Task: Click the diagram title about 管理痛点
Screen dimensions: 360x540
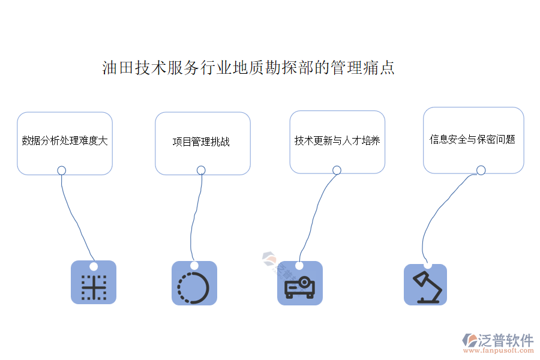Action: coord(248,67)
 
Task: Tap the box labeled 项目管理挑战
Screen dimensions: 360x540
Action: coord(202,143)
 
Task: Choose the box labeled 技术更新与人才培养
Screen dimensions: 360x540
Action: coord(337,142)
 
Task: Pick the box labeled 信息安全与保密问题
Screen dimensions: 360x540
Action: coord(473,140)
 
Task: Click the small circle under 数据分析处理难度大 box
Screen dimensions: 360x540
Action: coord(61,170)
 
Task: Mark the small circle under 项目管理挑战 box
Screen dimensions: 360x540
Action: coord(201,170)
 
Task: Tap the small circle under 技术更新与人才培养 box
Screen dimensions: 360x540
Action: coord(337,170)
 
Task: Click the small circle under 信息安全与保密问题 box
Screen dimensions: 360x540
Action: coord(481,170)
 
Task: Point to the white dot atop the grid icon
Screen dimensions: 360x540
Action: coord(93,266)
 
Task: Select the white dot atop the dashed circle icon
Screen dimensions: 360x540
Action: coord(194,265)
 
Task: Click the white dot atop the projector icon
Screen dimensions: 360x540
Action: coord(299,265)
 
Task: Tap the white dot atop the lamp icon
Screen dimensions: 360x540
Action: coord(427,265)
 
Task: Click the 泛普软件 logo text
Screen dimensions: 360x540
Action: coord(505,340)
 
